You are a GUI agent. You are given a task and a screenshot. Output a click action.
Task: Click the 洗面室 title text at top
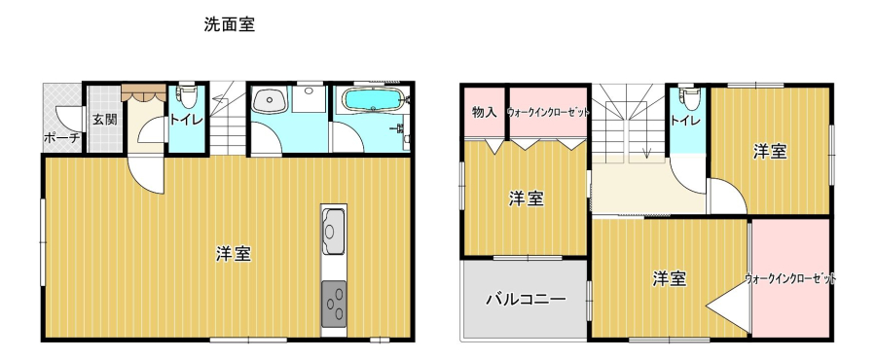(230, 25)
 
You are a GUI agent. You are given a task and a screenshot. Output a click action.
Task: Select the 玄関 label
(104, 119)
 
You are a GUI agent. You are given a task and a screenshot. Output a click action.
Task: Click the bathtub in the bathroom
(373, 101)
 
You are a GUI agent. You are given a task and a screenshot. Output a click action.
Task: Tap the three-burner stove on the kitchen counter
(334, 304)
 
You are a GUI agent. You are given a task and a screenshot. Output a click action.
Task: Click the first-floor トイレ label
(182, 119)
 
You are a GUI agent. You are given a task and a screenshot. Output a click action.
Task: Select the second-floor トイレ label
(685, 120)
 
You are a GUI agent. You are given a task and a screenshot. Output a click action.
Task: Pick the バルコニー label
(526, 299)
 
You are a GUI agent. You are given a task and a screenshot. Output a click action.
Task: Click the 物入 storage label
(485, 112)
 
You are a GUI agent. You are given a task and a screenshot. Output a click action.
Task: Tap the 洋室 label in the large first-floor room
(233, 255)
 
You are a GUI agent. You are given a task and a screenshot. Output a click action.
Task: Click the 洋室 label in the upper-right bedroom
(770, 151)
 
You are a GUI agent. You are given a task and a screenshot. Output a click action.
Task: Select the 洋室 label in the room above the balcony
(527, 198)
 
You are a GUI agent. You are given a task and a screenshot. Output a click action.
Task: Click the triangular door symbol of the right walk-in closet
(727, 306)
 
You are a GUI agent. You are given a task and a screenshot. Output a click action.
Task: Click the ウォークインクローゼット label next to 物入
(548, 112)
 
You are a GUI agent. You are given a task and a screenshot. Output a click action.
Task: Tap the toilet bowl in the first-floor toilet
(186, 96)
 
